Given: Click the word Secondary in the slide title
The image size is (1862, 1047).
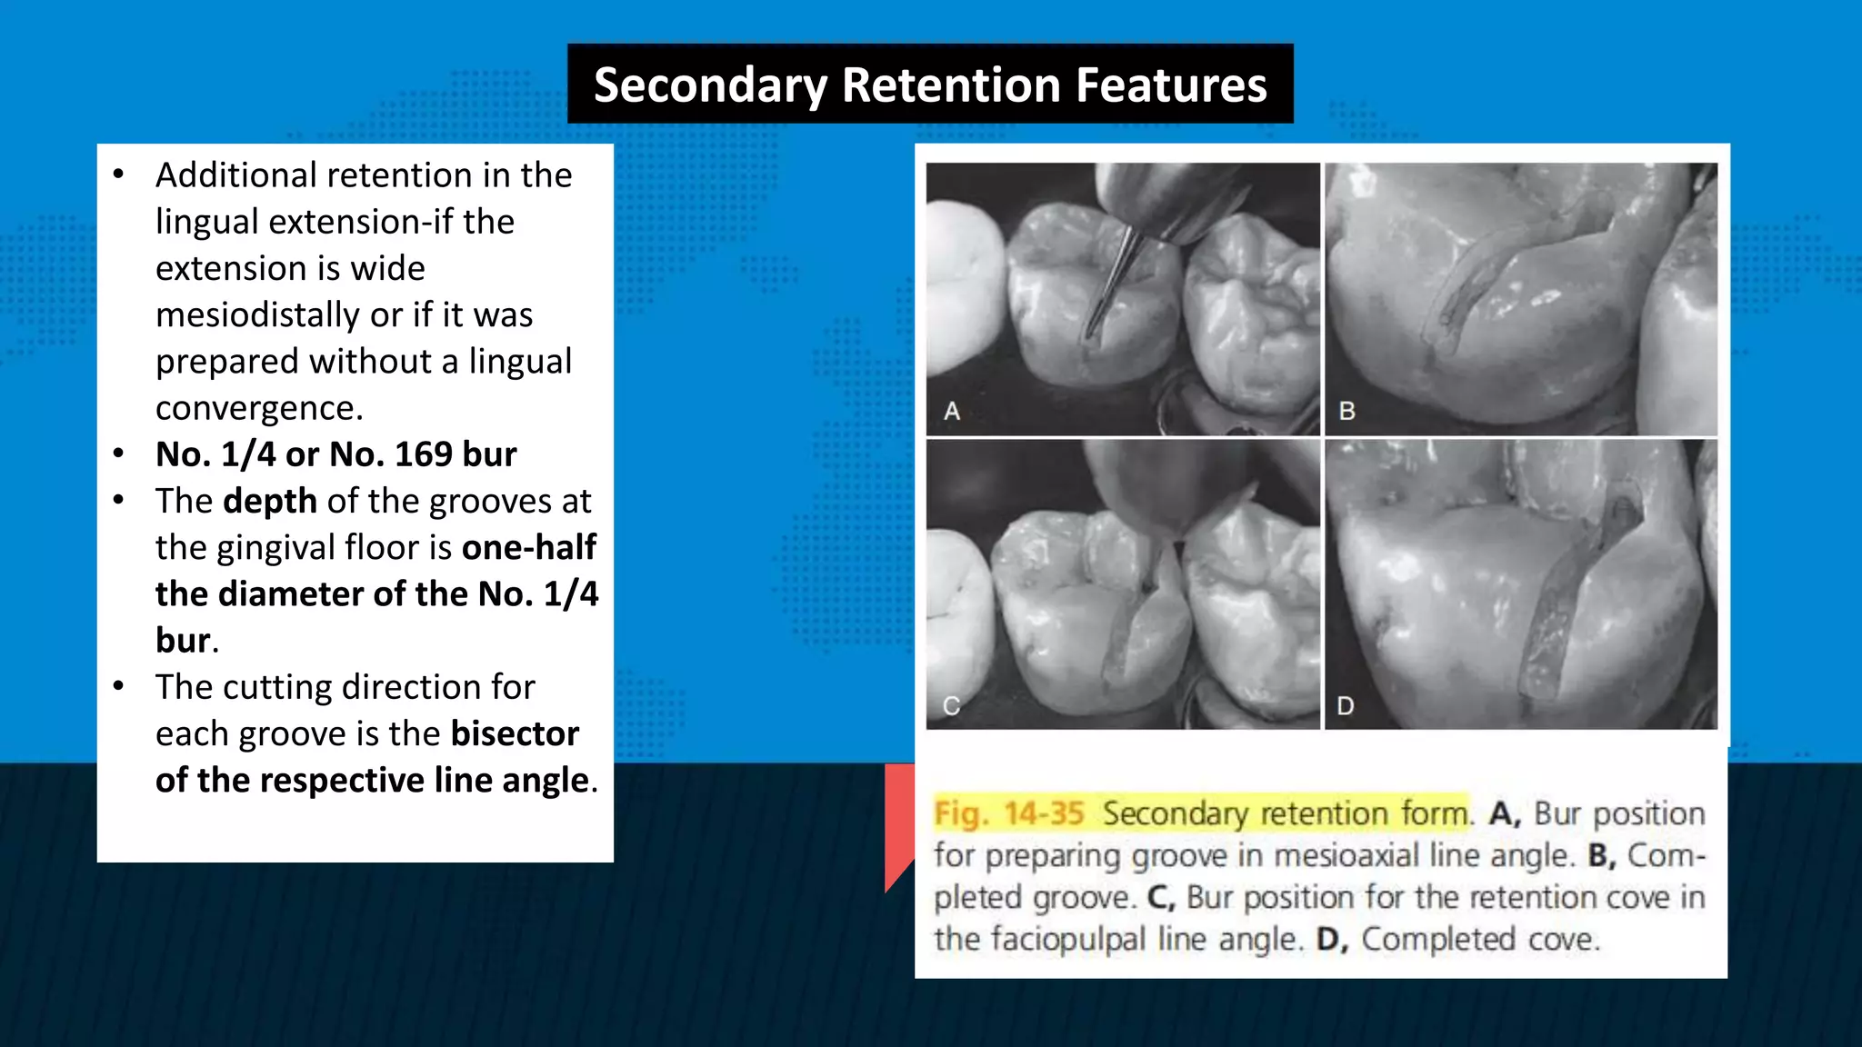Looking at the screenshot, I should pyautogui.click(x=710, y=85).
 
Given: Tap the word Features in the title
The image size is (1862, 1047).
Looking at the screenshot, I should pyautogui.click(x=1172, y=85).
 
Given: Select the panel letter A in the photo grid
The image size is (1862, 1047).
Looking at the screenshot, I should pyautogui.click(x=952, y=412).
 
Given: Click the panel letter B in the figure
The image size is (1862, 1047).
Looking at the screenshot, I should pyautogui.click(x=1347, y=412).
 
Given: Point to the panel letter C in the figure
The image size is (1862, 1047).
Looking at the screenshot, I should pyautogui.click(x=952, y=706).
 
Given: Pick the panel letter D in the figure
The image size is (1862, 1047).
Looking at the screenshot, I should pyautogui.click(x=1346, y=706).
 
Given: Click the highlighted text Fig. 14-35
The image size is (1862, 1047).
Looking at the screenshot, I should pyautogui.click(x=1009, y=813).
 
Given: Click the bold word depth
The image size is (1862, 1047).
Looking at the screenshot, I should pyautogui.click(x=270, y=501).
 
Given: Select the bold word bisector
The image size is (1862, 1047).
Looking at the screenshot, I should pyautogui.click(x=515, y=733).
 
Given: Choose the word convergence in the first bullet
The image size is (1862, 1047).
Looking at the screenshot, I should pyautogui.click(x=259, y=408).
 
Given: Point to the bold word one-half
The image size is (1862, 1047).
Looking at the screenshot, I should pyautogui.click(x=528, y=547).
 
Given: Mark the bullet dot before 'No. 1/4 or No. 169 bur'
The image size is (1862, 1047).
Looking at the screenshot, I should pyautogui.click(x=119, y=454).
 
